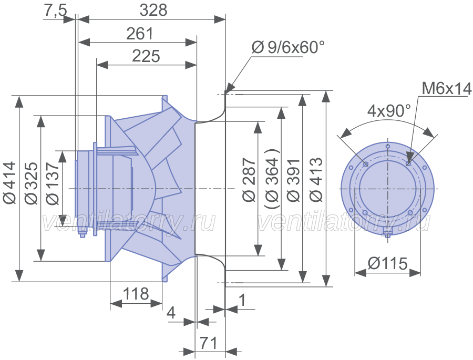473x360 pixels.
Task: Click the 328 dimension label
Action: click(x=153, y=11)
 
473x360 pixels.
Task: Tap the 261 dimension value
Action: click(x=140, y=34)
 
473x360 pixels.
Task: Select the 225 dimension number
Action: click(x=146, y=56)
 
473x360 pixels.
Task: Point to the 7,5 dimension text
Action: click(x=56, y=11)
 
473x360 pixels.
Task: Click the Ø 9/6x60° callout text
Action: click(x=288, y=47)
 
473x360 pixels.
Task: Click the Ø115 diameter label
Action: click(x=388, y=263)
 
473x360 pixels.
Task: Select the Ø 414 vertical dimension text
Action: click(x=9, y=183)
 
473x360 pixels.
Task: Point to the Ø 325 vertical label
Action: click(x=32, y=183)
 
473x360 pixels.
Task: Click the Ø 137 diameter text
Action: click(x=53, y=184)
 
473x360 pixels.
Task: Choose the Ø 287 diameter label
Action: click(x=249, y=180)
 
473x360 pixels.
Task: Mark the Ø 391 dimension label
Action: click(x=294, y=180)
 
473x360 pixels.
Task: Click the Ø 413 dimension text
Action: click(x=316, y=180)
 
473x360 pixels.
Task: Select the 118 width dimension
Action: click(x=136, y=294)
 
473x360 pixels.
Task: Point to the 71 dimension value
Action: click(x=209, y=343)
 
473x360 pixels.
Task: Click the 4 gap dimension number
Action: click(x=171, y=313)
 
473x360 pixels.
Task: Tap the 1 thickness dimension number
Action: click(x=242, y=300)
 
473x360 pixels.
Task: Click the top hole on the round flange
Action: click(x=388, y=147)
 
